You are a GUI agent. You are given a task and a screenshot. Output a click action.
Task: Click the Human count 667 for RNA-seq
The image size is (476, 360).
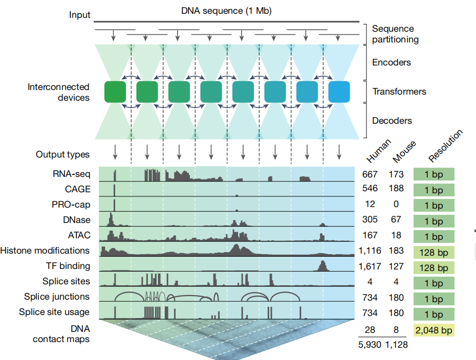click(x=370, y=174)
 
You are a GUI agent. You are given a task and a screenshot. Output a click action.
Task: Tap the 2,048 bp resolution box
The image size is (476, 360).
click(x=434, y=330)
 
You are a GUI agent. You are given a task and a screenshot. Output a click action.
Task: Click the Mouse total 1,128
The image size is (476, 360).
click(x=396, y=345)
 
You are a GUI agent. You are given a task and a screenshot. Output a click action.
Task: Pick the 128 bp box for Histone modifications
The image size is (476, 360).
click(x=434, y=253)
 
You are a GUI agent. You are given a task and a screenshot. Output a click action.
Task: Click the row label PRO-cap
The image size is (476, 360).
click(x=71, y=205)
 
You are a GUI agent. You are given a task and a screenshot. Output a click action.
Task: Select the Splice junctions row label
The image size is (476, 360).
click(x=57, y=297)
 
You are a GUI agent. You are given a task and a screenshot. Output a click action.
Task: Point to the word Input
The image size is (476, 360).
click(x=80, y=15)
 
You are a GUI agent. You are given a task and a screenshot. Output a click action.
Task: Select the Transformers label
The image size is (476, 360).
click(x=399, y=92)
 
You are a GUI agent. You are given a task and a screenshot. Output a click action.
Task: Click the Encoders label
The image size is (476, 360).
click(x=392, y=62)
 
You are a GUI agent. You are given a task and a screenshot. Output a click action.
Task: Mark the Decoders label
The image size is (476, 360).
click(x=392, y=121)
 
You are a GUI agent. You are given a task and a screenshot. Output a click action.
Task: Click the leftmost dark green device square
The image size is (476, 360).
click(x=115, y=92)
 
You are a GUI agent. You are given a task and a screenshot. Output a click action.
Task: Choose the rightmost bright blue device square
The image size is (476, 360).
click(x=339, y=92)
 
